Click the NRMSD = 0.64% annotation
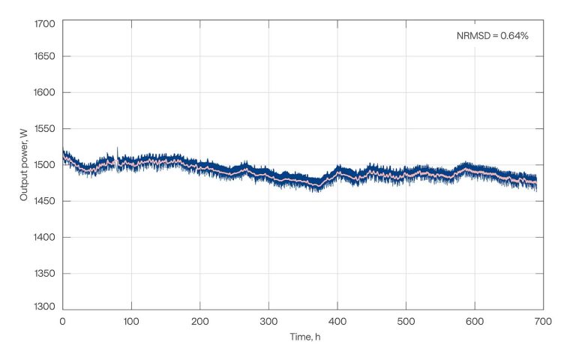493,35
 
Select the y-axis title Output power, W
25,164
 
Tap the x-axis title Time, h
305,337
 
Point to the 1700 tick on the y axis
45,24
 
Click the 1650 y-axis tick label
45,56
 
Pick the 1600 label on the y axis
45,92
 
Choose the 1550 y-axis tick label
45,129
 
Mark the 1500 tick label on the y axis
45,165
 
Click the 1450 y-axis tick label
45,201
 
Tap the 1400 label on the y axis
45,237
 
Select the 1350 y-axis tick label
45,274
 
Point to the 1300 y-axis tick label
45,306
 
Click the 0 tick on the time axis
63,321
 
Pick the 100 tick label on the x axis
131,321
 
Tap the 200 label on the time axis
200,321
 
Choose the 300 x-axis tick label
268,321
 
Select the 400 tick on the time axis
337,321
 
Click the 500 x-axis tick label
406,321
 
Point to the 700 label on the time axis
543,321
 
